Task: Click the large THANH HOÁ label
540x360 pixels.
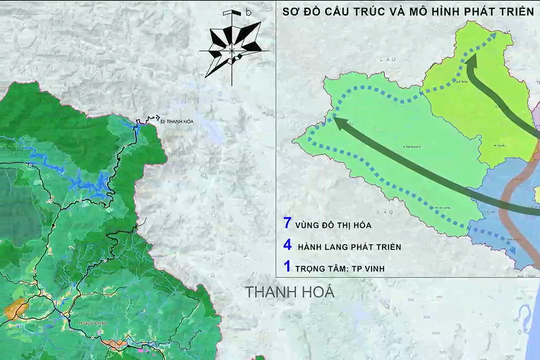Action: click(x=289, y=292)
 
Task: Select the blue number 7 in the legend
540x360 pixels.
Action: click(x=288, y=225)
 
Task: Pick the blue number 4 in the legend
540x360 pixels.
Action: click(x=288, y=245)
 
